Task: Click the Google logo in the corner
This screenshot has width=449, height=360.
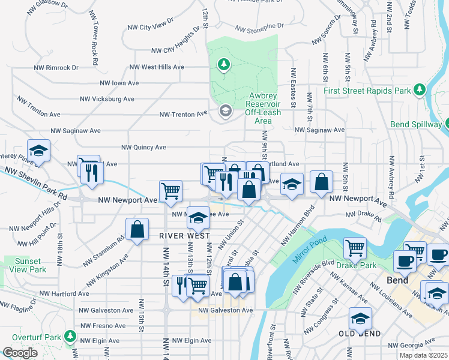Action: (20, 353)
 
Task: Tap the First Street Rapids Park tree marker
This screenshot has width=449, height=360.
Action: (420, 91)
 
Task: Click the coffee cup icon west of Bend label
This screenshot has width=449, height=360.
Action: (405, 261)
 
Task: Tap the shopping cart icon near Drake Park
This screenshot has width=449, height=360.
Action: (355, 247)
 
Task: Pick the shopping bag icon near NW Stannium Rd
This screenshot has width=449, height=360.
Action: (137, 229)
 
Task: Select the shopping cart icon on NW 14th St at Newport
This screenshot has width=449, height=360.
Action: (171, 191)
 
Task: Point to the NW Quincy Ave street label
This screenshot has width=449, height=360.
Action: (143, 147)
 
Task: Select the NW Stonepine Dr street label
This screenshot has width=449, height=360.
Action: (258, 28)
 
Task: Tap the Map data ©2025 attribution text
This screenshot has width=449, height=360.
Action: (424, 355)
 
